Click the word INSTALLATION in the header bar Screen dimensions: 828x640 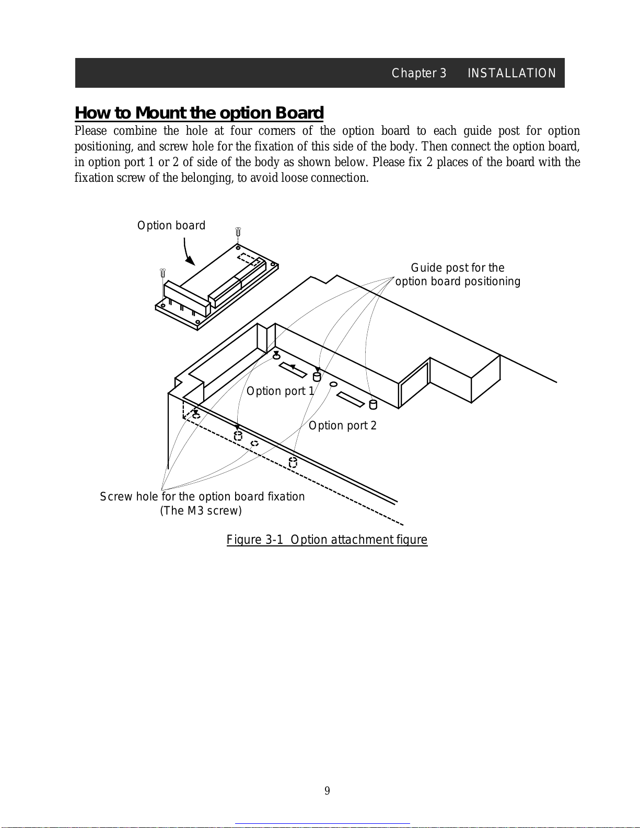(x=511, y=73)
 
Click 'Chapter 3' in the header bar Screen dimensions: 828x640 (x=418, y=73)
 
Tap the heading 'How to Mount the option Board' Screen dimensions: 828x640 (x=199, y=113)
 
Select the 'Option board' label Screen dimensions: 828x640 (x=171, y=226)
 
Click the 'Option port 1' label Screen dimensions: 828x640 (x=280, y=391)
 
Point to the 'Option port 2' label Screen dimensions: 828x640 (x=342, y=426)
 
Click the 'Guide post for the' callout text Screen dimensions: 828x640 (x=457, y=268)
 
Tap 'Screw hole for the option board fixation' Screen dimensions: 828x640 (x=202, y=497)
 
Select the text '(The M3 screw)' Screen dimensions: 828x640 (x=201, y=511)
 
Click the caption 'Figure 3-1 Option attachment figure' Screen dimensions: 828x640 (x=327, y=540)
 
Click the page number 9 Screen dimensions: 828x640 (x=327, y=791)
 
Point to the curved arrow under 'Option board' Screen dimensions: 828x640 (x=188, y=252)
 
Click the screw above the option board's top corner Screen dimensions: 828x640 (x=238, y=231)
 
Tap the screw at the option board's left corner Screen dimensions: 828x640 (x=162, y=273)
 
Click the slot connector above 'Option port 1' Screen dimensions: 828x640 (x=293, y=370)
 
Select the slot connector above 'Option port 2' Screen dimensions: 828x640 (x=351, y=399)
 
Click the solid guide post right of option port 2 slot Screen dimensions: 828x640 (x=373, y=404)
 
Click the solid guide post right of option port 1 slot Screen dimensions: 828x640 (x=317, y=377)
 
